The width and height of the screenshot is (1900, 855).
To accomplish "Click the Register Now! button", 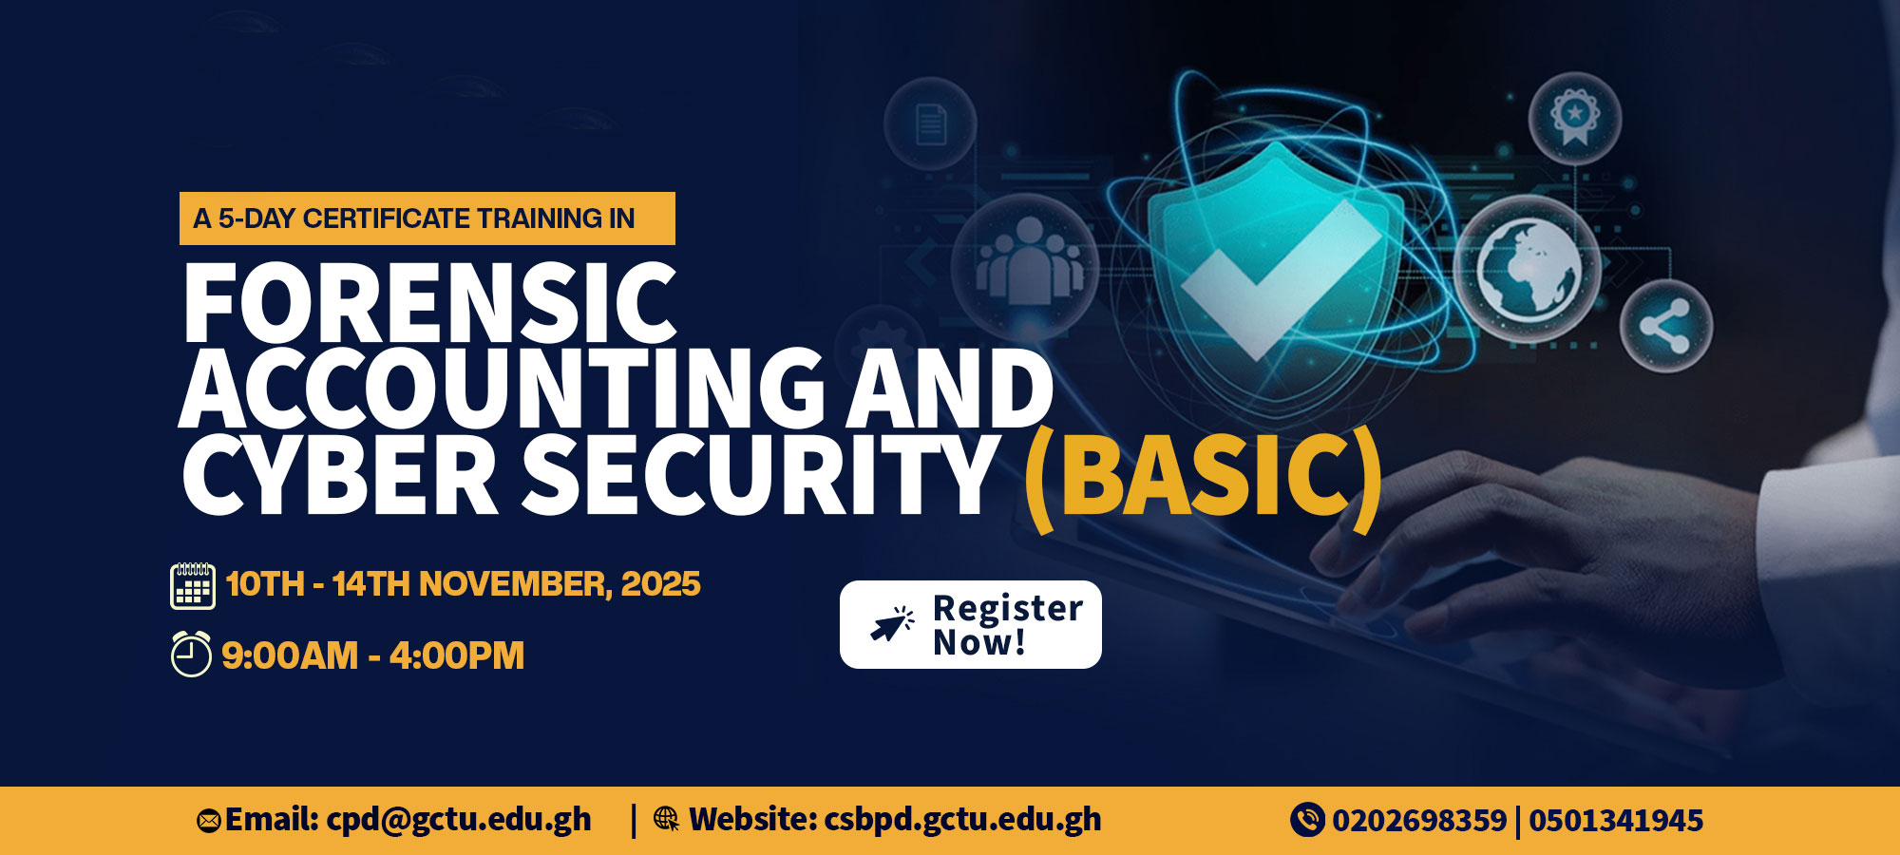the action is click(970, 624).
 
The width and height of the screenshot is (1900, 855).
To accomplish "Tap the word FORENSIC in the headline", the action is click(429, 303).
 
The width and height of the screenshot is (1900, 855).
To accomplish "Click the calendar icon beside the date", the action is click(193, 585).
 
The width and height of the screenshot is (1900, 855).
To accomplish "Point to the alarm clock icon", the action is click(191, 654).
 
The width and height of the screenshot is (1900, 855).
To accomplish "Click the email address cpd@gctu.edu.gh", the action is click(459, 820).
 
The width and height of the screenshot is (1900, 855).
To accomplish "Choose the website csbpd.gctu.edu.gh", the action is click(962, 820).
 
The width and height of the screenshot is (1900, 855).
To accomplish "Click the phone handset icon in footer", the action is click(1307, 820).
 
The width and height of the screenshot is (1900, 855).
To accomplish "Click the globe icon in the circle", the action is click(1527, 268).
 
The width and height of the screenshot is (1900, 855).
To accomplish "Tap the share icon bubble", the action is click(1665, 326).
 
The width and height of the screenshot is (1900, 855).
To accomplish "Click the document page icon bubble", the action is click(930, 123).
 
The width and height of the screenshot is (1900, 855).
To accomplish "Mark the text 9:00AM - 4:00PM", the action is click(372, 655).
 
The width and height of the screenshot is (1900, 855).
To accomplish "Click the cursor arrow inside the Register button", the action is click(892, 624).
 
